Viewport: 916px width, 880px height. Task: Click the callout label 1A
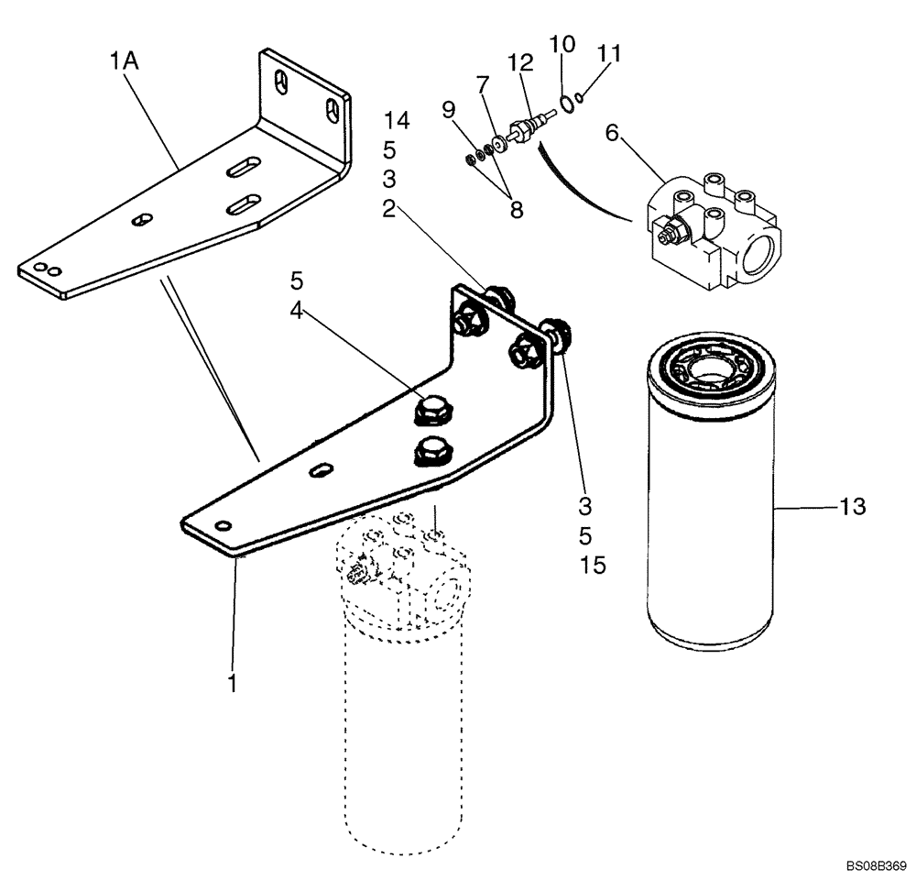click(x=125, y=62)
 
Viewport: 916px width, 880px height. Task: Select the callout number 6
click(x=612, y=134)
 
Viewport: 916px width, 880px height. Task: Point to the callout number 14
click(x=397, y=120)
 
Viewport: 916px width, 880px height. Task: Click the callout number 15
click(x=593, y=565)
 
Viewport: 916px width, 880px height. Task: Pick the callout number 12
click(x=520, y=62)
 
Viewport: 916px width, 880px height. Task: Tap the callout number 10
click(x=562, y=44)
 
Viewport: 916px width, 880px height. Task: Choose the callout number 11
click(x=609, y=54)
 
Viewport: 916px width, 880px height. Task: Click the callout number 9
click(x=448, y=111)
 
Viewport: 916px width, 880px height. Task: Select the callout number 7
click(x=483, y=85)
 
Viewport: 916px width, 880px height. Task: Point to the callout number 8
click(x=517, y=209)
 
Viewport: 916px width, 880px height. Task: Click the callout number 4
click(x=296, y=311)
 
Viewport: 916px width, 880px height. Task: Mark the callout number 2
click(x=388, y=209)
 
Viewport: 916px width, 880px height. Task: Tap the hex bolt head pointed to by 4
click(x=430, y=410)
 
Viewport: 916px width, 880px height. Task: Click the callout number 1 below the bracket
click(x=233, y=683)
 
